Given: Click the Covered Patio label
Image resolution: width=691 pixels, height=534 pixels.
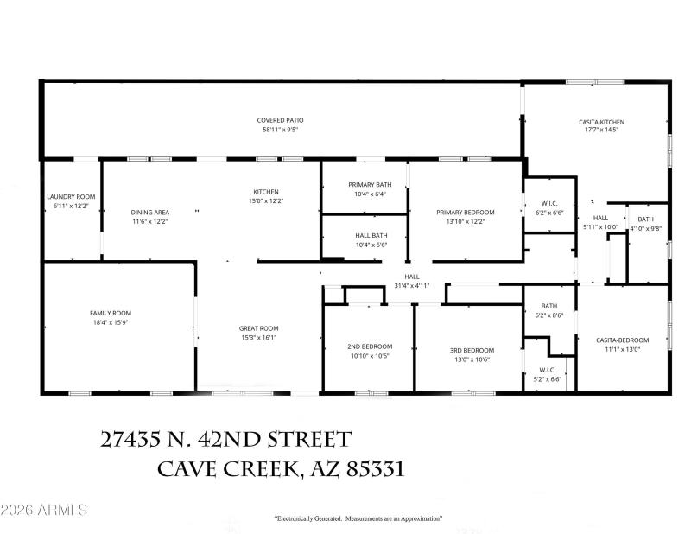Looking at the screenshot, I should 280,120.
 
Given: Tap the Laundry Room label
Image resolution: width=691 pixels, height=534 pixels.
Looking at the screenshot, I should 71,196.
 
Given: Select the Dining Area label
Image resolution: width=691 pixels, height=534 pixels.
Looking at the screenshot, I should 149,212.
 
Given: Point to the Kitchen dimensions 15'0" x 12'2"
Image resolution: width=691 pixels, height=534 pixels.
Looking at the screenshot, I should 265,200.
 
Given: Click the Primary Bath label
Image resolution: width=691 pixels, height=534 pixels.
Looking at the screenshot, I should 369,185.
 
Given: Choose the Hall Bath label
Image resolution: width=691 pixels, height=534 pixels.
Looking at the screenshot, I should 371,235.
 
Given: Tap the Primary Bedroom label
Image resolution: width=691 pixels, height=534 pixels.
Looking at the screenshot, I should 465,212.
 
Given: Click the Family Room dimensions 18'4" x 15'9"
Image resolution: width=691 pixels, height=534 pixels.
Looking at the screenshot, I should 111,322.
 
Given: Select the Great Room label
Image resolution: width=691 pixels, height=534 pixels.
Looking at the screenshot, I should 258,327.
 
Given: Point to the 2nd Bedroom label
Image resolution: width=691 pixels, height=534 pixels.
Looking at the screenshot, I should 370,346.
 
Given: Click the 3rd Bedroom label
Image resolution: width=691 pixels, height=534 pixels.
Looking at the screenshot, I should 471,349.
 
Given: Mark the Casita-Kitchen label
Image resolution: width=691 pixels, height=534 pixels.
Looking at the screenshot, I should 601,122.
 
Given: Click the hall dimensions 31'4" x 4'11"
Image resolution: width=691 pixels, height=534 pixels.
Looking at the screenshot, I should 411,285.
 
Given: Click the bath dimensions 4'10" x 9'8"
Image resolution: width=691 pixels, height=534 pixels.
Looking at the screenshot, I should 646,229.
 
